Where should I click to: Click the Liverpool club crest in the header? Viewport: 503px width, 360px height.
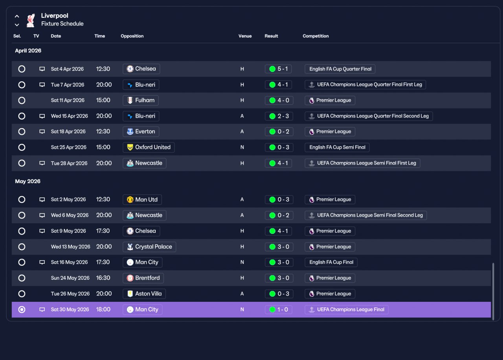(31, 20)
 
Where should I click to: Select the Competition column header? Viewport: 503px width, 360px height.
(316, 36)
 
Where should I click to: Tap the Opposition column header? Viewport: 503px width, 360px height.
(132, 36)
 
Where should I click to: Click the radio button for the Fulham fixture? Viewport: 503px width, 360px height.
(22, 100)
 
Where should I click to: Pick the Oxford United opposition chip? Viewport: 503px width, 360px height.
(149, 147)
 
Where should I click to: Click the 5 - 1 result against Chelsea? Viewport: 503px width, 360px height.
(278, 69)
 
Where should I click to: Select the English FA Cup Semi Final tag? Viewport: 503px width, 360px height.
(337, 147)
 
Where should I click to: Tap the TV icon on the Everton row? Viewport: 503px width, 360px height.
(42, 132)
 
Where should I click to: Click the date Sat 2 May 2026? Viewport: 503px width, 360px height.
(68, 199)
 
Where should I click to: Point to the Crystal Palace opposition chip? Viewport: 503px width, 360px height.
(149, 247)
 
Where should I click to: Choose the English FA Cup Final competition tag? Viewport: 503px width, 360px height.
(331, 262)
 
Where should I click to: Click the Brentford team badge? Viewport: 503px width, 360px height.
(130, 278)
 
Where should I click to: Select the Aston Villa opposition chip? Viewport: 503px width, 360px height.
(144, 294)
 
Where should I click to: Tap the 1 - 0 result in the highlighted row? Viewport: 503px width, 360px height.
(279, 309)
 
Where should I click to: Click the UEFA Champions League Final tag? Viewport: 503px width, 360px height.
(347, 309)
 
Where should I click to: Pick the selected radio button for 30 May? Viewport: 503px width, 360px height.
(22, 309)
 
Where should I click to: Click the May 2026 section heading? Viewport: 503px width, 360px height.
(28, 181)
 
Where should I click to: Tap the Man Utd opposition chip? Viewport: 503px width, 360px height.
(142, 199)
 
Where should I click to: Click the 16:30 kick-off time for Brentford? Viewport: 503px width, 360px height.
(103, 278)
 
